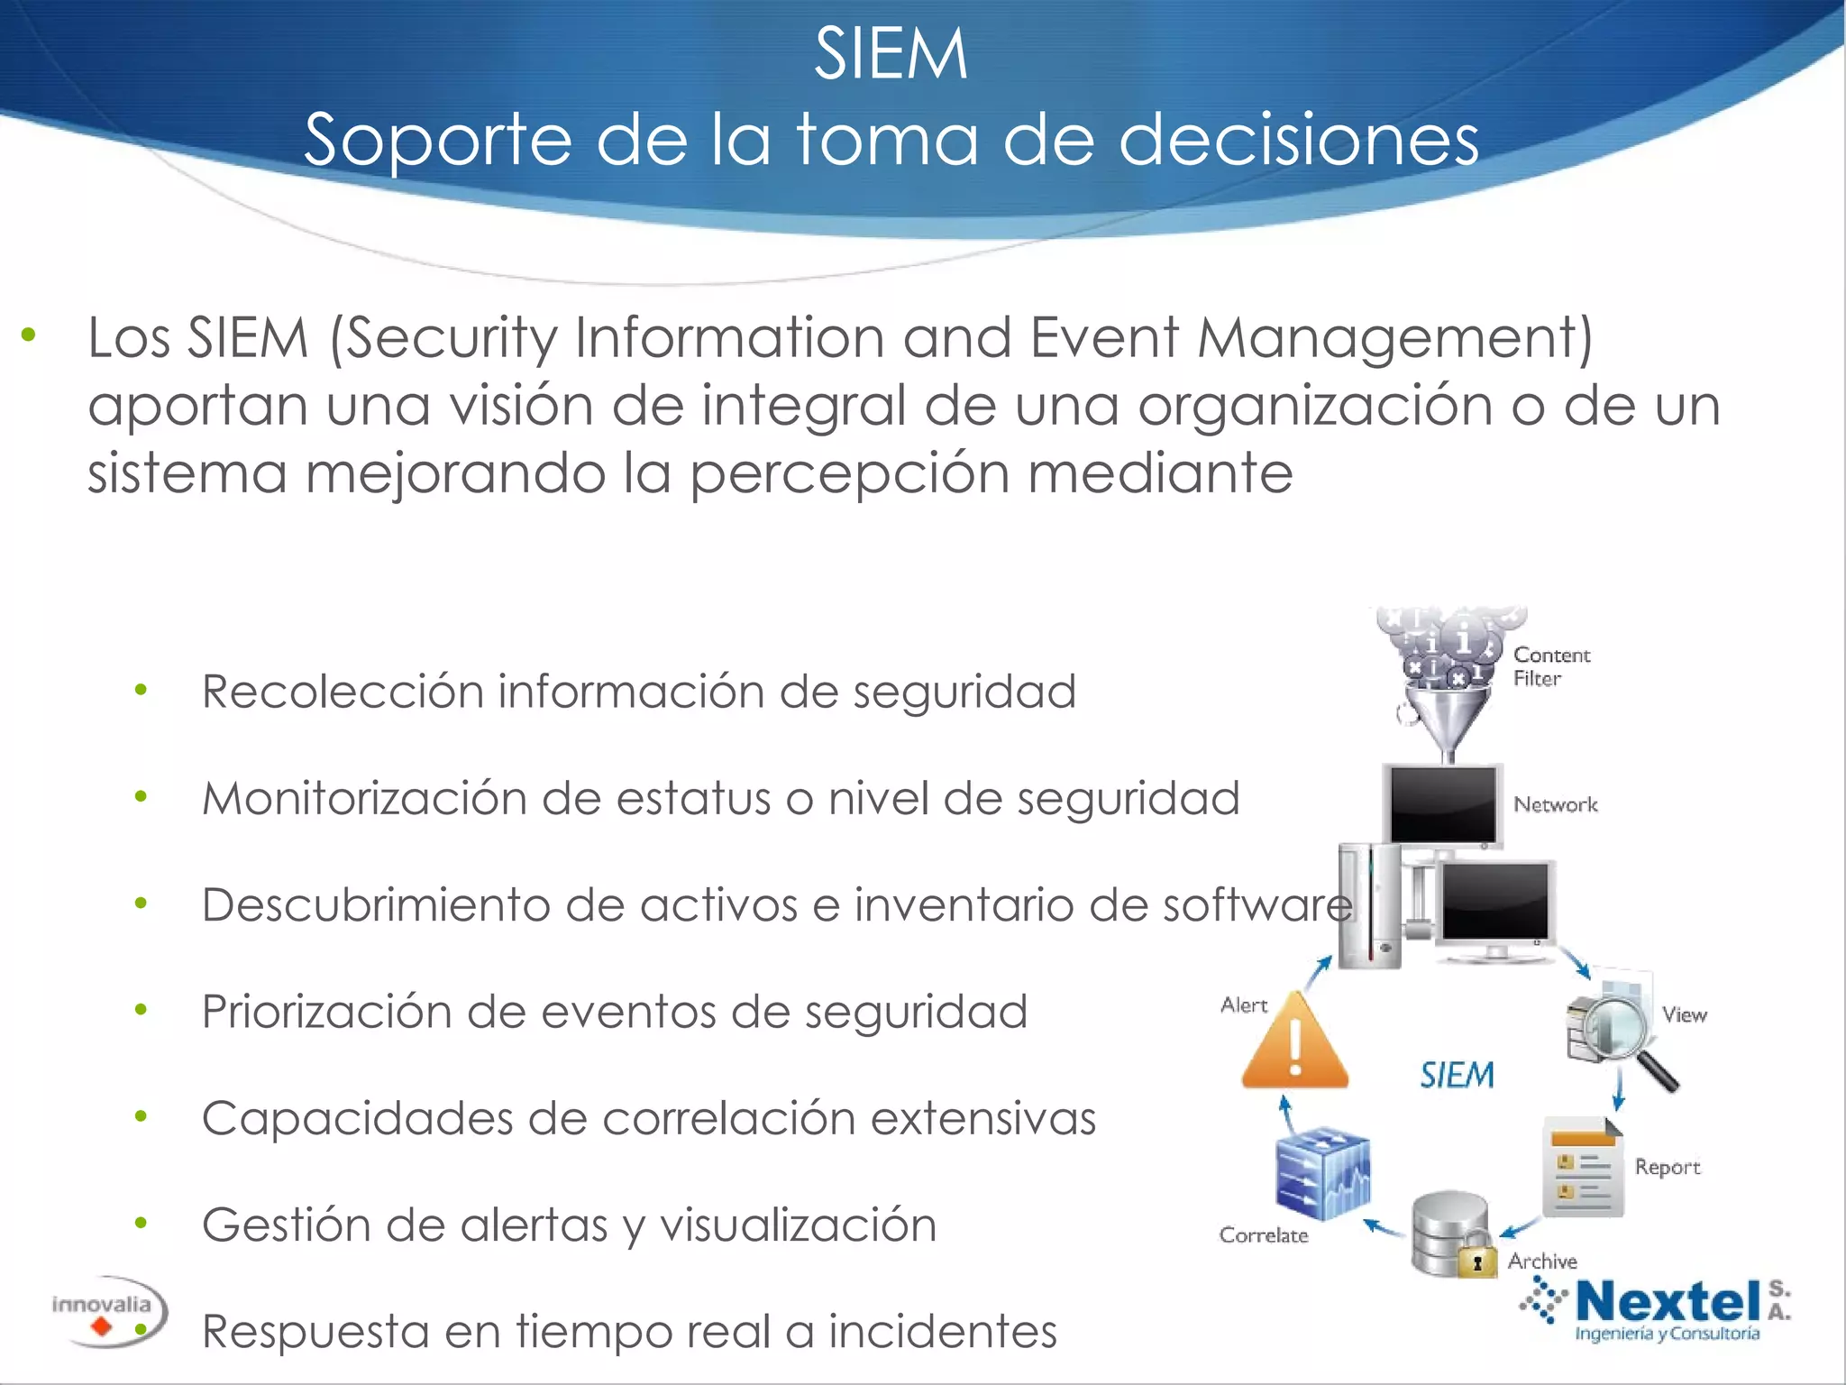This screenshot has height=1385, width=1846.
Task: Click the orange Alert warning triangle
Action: [1295, 1043]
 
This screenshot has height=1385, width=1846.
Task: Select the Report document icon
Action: [1584, 1169]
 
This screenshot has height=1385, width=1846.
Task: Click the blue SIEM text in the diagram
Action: [1457, 1075]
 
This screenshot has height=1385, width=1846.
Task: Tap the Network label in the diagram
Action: [1555, 804]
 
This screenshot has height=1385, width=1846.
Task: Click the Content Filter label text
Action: [1551, 666]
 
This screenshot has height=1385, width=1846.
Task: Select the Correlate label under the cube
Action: [1263, 1235]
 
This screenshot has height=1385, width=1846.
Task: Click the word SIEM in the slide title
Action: [891, 54]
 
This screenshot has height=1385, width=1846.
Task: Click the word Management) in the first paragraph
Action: [1395, 338]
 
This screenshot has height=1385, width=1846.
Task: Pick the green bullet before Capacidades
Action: [141, 1116]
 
